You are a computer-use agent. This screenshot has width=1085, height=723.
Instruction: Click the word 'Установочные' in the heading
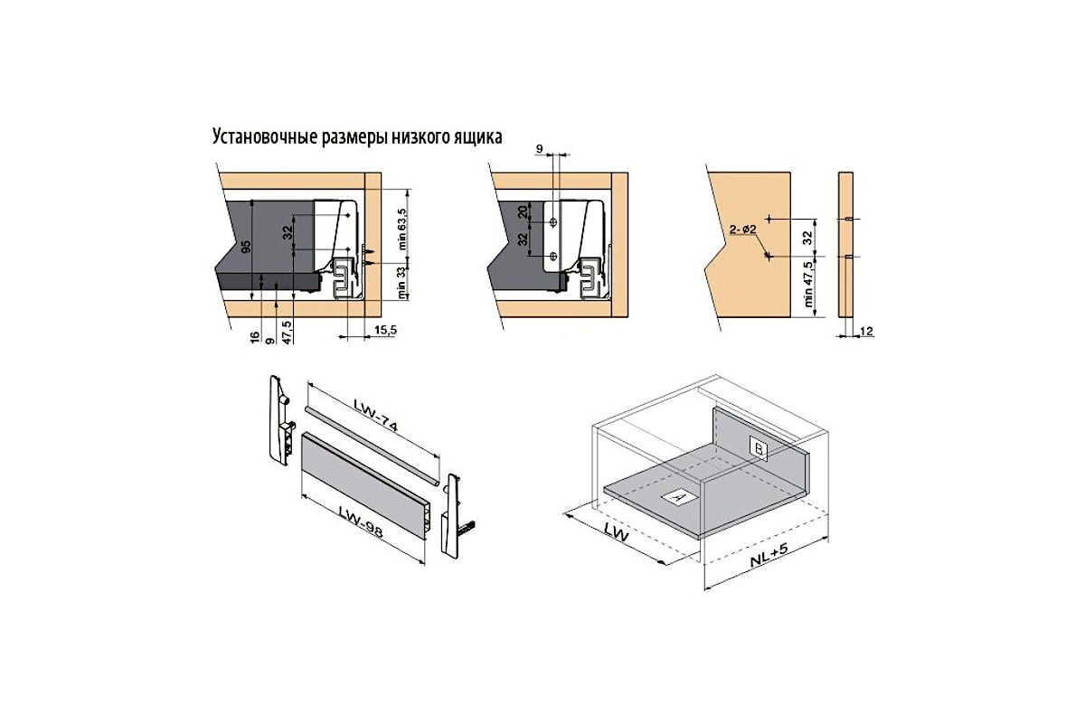click(266, 137)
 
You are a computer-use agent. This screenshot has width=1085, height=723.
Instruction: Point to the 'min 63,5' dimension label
click(401, 229)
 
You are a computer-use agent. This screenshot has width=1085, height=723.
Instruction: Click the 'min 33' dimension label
click(401, 283)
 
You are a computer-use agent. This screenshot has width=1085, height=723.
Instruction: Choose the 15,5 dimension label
click(385, 330)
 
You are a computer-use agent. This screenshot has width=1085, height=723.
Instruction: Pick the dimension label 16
click(255, 337)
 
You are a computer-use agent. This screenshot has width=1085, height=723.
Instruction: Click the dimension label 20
click(523, 211)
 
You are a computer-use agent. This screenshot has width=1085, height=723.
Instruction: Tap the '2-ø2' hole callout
click(743, 230)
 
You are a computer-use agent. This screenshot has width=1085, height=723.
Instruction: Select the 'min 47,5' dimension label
click(807, 285)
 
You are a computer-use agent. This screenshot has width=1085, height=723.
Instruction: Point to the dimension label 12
click(866, 332)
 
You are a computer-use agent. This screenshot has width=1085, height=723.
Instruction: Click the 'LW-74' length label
click(375, 415)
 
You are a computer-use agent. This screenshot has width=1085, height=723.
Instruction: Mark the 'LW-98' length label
click(361, 521)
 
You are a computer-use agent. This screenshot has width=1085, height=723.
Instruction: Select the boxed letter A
click(680, 497)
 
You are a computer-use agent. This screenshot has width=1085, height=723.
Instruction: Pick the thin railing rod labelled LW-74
click(372, 446)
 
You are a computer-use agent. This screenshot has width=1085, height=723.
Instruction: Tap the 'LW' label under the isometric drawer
click(616, 532)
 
